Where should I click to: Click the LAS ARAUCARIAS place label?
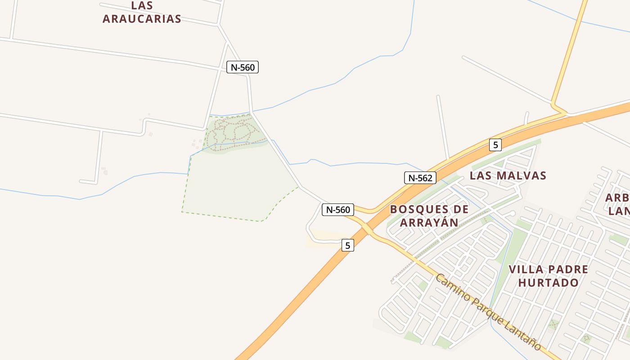(142, 12)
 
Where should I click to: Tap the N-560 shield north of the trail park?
(243, 67)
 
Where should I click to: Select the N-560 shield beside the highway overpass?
(338, 210)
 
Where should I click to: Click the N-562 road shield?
(420, 178)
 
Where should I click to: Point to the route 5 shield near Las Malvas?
(495, 145)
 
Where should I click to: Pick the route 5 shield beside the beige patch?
(347, 245)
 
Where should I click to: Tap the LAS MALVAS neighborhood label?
(508, 175)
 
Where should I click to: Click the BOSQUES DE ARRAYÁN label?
(429, 216)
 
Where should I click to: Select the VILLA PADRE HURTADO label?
(548, 276)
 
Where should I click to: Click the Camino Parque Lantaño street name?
(488, 311)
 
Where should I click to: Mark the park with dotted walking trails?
(234, 133)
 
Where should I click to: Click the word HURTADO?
(548, 283)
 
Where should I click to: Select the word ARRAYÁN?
(429, 222)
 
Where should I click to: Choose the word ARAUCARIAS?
(142, 19)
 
